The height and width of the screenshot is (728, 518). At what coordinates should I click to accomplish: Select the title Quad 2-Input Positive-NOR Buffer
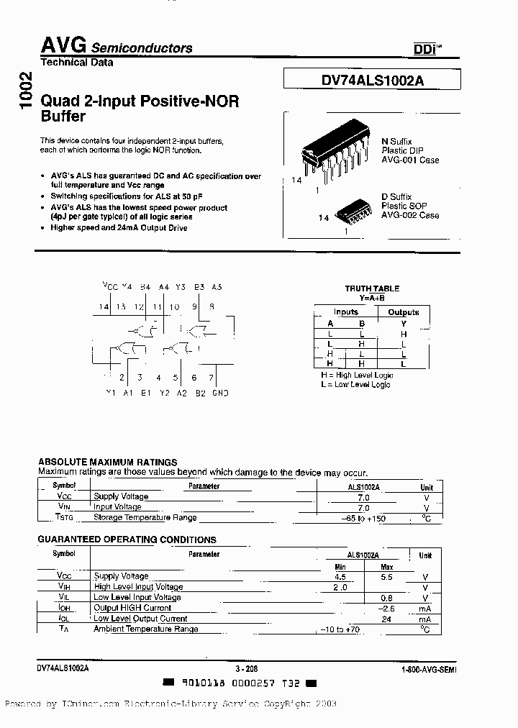click(140, 109)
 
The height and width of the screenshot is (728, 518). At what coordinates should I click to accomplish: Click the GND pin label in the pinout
click(220, 393)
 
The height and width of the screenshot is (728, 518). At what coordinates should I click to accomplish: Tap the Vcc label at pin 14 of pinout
click(110, 286)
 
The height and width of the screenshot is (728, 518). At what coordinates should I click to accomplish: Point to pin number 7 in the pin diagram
click(211, 377)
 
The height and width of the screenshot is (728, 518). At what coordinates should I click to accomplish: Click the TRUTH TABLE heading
click(372, 288)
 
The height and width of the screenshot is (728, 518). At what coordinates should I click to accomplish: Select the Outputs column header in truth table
click(403, 312)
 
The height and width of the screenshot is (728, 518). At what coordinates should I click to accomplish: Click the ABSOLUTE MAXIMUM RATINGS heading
click(107, 462)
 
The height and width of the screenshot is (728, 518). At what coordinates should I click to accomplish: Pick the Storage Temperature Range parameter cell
click(145, 517)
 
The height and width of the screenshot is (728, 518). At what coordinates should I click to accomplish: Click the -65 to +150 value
click(363, 518)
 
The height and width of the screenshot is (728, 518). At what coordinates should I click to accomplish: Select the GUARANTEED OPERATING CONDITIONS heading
click(127, 540)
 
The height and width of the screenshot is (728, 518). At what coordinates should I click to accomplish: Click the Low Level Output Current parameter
click(140, 619)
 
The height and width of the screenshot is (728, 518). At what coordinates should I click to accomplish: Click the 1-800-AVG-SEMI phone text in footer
click(428, 669)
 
